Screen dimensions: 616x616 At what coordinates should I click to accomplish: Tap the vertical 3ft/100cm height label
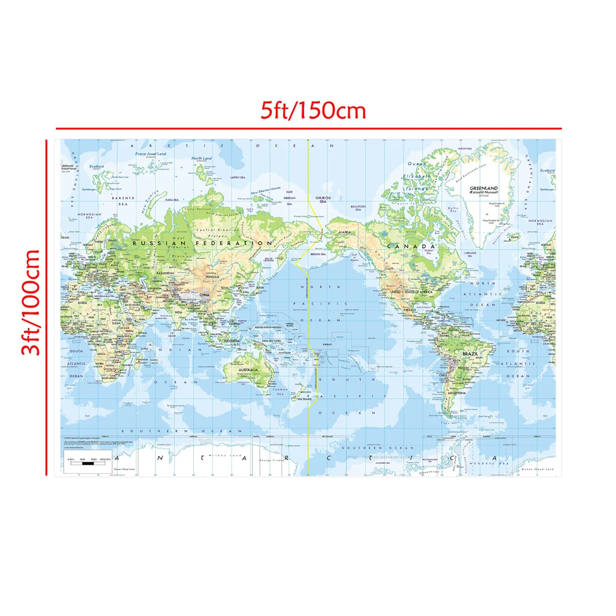29,302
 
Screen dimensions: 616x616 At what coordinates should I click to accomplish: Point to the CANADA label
406,246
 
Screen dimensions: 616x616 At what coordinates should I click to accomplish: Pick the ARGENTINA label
456,392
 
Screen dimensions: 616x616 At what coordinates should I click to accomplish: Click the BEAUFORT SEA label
358,207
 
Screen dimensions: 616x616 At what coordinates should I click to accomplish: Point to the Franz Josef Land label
150,154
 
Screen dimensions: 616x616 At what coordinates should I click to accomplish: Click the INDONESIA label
232,340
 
